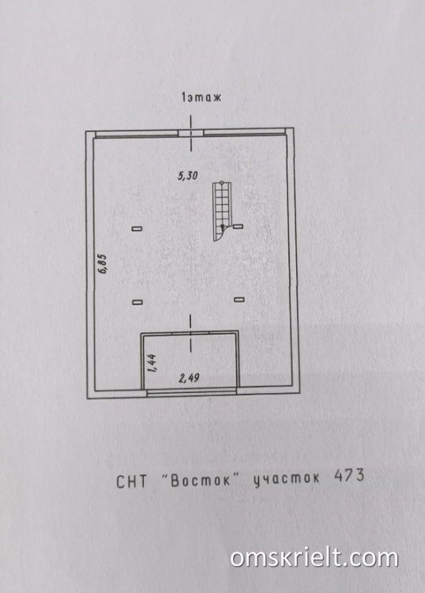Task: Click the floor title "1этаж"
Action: (x=201, y=97)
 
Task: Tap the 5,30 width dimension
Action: (x=188, y=176)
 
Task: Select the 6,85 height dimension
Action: (x=103, y=264)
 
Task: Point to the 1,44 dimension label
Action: (x=152, y=364)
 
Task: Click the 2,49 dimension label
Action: (x=189, y=378)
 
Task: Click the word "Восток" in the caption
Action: (x=201, y=480)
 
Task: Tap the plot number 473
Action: (x=349, y=475)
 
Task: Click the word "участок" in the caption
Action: (x=286, y=478)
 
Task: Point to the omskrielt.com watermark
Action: (x=314, y=558)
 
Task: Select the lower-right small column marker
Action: (x=239, y=300)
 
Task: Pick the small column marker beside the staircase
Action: (x=238, y=227)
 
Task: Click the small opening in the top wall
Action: (x=191, y=133)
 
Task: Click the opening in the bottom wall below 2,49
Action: (x=192, y=392)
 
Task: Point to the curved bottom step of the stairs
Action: (x=219, y=235)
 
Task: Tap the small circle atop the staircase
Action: (x=222, y=183)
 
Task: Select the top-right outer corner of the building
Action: (x=294, y=128)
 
